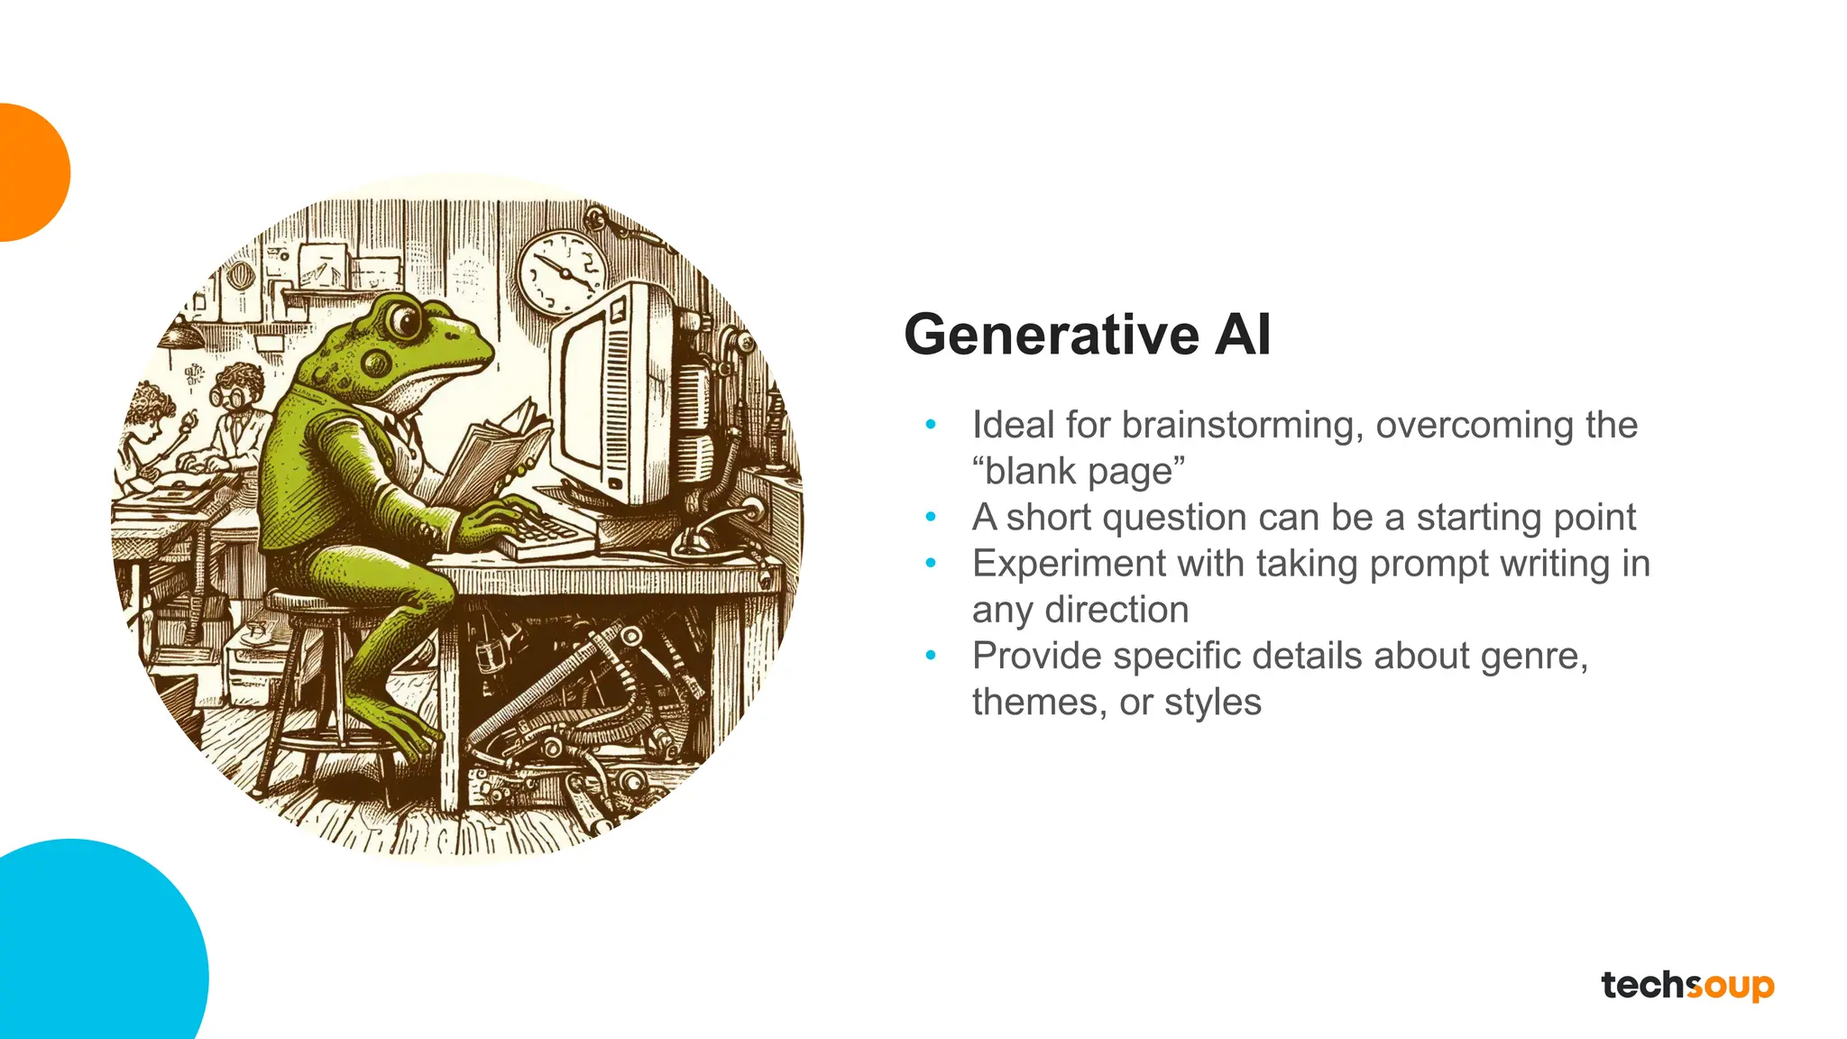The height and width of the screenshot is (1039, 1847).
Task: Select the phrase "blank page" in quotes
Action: pos(1079,471)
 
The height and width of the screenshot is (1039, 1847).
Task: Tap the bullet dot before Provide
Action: pos(931,656)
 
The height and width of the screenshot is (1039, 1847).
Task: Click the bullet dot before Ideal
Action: pos(931,425)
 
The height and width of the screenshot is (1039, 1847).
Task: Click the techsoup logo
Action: pos(1687,985)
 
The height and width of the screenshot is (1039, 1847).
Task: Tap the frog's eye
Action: pos(405,319)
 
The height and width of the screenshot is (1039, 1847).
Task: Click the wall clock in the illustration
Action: pos(563,271)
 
